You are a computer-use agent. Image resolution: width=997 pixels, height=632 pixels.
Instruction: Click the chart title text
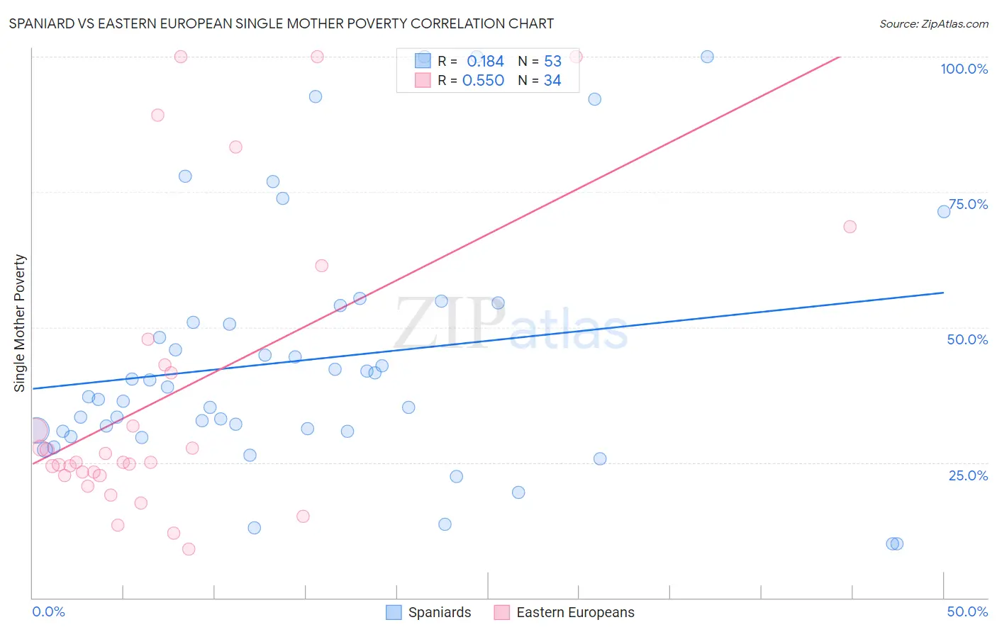(x=281, y=23)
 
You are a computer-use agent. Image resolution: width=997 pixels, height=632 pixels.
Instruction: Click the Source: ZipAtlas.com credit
(x=933, y=23)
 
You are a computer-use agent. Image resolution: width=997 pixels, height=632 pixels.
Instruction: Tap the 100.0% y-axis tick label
(x=964, y=69)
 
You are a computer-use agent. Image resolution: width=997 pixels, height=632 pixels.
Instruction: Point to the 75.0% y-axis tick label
(x=968, y=204)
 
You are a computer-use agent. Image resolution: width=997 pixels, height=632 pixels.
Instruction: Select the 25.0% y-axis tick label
(x=968, y=475)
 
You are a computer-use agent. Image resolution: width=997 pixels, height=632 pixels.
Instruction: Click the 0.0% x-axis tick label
(x=48, y=611)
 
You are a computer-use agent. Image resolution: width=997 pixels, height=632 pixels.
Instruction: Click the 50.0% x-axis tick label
(x=967, y=611)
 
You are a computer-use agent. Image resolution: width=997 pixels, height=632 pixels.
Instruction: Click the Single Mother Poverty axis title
(x=20, y=323)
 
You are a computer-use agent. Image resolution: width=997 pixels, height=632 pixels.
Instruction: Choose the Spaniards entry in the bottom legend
(x=429, y=612)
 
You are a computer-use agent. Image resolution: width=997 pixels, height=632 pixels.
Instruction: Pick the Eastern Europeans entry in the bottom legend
(x=564, y=612)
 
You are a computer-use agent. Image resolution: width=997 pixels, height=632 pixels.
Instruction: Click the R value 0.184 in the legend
(x=485, y=62)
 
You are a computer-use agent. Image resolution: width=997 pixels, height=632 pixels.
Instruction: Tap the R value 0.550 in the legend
(x=483, y=81)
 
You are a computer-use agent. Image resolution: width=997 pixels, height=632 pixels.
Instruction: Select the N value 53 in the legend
(x=552, y=62)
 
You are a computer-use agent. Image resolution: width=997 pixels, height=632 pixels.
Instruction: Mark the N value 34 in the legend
(x=552, y=81)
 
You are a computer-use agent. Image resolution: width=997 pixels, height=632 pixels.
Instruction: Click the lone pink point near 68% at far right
(x=850, y=227)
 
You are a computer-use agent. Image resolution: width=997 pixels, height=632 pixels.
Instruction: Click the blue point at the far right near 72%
(x=944, y=212)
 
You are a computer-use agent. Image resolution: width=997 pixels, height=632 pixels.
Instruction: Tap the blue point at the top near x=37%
(x=707, y=57)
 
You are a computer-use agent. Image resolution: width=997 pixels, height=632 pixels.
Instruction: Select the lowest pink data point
(x=189, y=549)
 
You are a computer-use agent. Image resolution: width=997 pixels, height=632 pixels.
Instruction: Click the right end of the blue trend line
(x=943, y=293)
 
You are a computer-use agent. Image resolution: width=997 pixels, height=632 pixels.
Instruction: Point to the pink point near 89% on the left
(x=157, y=115)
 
